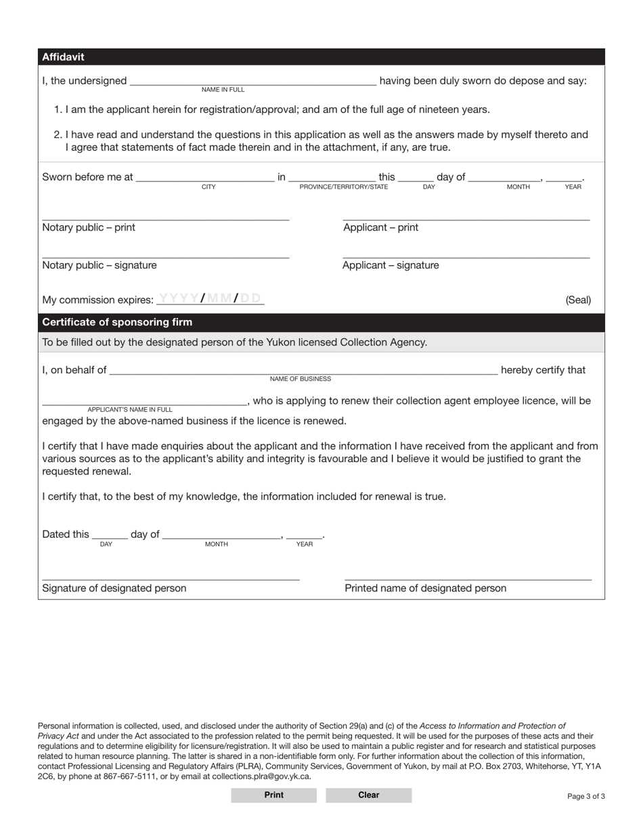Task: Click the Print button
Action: pos(273,795)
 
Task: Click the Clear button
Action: pos(368,795)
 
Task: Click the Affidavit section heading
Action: pos(63,57)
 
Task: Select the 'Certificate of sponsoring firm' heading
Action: pos(117,322)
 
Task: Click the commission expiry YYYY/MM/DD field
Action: pos(210,298)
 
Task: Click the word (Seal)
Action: pos(578,300)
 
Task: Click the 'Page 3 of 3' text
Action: pos(586,796)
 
